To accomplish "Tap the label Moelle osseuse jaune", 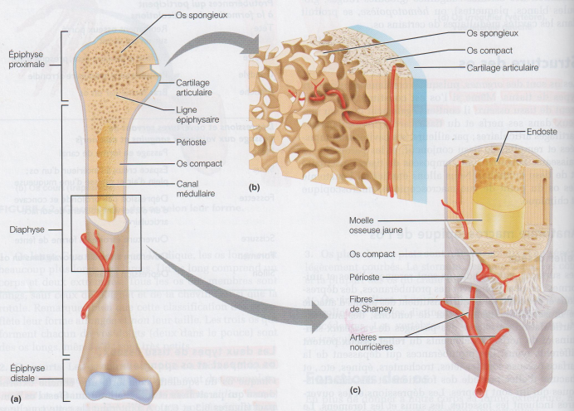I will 372,226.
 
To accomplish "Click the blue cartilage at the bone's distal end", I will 121,386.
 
